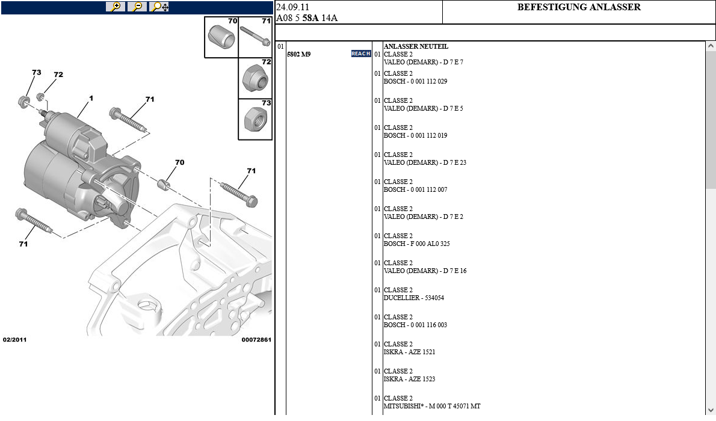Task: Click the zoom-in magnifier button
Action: [115, 7]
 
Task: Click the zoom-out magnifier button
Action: [137, 7]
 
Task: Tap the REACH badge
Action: [360, 54]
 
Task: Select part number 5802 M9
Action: [298, 54]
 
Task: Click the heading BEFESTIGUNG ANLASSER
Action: [579, 7]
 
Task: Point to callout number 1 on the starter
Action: [91, 98]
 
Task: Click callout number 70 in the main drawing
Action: [179, 162]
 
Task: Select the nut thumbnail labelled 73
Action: [255, 119]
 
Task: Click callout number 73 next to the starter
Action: [36, 73]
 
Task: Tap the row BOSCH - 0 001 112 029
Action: [415, 81]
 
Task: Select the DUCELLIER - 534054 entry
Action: [414, 298]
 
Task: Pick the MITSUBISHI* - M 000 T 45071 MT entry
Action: [432, 406]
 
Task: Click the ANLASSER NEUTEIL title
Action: [416, 46]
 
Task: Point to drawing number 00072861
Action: [256, 340]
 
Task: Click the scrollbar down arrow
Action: [711, 409]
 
